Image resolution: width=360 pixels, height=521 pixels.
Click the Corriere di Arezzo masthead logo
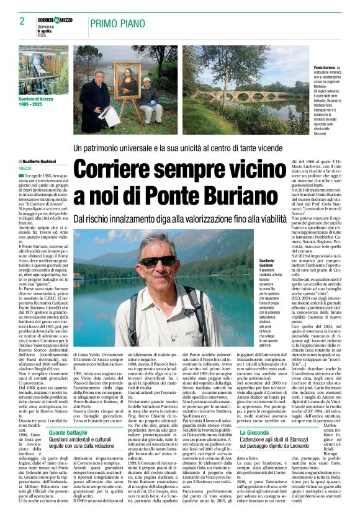click(x=55, y=20)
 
